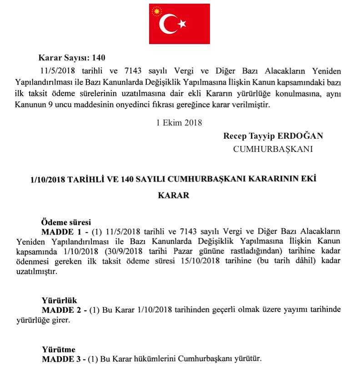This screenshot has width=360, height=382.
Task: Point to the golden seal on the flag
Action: (x=157, y=11)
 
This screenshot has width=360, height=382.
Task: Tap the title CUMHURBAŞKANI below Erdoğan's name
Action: (x=273, y=149)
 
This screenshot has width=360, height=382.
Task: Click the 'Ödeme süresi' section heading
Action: (x=66, y=222)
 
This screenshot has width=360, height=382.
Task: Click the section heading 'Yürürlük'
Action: (x=60, y=301)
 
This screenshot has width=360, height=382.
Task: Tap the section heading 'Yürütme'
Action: (x=59, y=350)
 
